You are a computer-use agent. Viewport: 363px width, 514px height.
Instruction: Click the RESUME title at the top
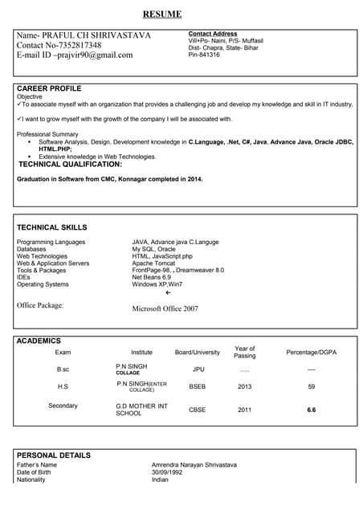point(162,14)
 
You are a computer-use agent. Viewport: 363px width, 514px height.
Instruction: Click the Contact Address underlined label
point(213,34)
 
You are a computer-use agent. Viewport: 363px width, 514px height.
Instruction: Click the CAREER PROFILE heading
point(49,88)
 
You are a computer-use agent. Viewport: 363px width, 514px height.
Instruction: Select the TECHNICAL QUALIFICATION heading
point(70,164)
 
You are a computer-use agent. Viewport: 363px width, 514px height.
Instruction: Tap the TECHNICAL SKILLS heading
point(54,228)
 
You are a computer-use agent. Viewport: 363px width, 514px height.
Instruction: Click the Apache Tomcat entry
point(153,263)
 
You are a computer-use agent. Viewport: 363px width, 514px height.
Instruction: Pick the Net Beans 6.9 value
point(152,277)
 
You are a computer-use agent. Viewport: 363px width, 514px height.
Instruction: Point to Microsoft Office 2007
point(165,308)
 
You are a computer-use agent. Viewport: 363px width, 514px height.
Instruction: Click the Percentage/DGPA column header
point(312,353)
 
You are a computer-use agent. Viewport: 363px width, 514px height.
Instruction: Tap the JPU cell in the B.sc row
point(198,369)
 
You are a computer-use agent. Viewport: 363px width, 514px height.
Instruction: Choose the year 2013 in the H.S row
point(245,386)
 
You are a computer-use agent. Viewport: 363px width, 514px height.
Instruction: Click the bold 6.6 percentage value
point(312,410)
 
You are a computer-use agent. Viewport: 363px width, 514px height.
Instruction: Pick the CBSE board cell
point(198,410)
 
